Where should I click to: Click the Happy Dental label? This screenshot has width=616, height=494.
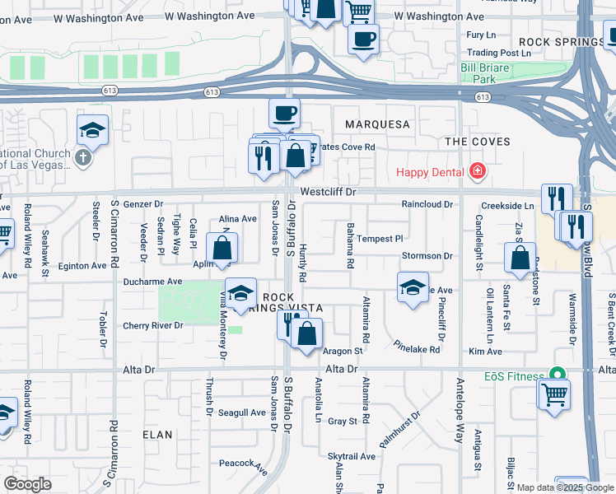point(431,171)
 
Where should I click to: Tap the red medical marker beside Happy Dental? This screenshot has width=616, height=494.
point(477,171)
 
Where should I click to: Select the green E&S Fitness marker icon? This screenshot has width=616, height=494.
point(558,375)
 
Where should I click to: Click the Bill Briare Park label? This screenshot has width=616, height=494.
point(489,73)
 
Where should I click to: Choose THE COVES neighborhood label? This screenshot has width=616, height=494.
point(478,142)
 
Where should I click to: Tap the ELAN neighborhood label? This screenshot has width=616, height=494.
point(157,434)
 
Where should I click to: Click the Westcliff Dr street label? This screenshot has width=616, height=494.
point(327,191)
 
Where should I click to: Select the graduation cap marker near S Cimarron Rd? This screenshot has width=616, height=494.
point(93,130)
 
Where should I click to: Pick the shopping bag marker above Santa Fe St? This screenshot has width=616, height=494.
point(520,258)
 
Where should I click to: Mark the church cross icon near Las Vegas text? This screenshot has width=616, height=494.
point(82,157)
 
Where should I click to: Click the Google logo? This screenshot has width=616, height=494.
point(28,484)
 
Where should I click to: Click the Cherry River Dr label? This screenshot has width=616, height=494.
point(152,325)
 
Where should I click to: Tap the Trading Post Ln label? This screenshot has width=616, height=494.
point(493,53)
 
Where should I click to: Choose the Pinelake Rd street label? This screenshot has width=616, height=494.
point(418,347)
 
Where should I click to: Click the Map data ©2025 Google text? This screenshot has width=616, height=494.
point(565,487)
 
